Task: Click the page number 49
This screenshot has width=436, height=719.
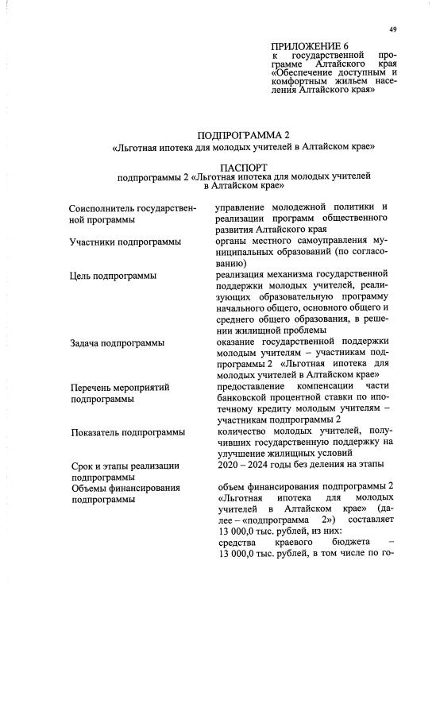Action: (x=393, y=30)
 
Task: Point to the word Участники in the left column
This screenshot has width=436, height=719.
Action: (x=94, y=242)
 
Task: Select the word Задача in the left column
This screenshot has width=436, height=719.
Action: (x=86, y=342)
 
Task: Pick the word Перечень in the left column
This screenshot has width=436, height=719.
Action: (x=92, y=387)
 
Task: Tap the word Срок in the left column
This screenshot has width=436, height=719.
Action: (x=81, y=466)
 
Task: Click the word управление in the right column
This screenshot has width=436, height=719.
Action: (x=246, y=207)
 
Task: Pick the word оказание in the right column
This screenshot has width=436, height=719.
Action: (x=239, y=342)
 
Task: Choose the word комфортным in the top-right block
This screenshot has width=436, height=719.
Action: (x=305, y=79)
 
